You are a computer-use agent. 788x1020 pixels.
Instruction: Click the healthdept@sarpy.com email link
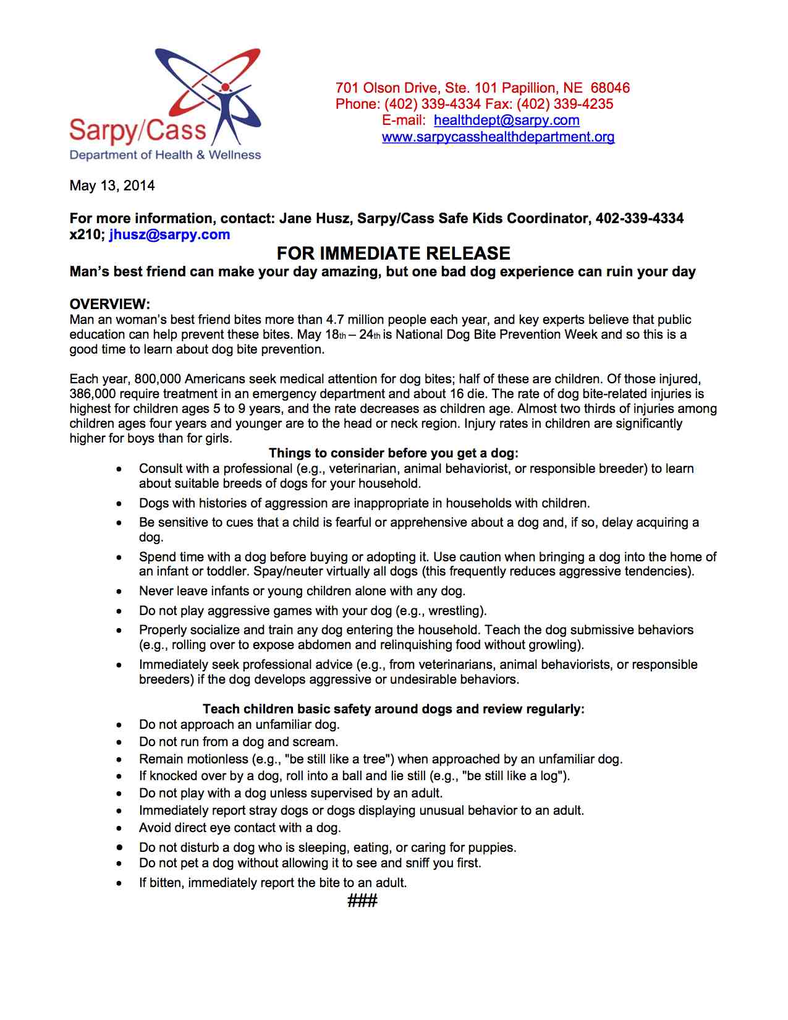tap(506, 121)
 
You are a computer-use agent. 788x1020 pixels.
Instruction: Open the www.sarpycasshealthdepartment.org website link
tap(498, 137)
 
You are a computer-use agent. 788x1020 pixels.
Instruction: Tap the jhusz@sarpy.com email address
tap(169, 235)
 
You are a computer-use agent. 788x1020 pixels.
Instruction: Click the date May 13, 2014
tap(112, 186)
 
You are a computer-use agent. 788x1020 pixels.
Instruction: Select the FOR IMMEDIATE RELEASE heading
tap(393, 253)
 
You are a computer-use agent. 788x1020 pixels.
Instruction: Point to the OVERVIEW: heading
tap(110, 304)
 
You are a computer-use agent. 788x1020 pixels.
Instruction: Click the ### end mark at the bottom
tap(362, 901)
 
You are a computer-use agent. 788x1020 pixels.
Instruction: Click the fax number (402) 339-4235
tap(565, 104)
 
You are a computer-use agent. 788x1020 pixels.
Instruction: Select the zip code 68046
tap(610, 88)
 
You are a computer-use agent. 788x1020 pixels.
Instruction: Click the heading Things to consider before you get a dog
tap(394, 453)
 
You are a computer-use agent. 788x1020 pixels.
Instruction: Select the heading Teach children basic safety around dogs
tap(393, 709)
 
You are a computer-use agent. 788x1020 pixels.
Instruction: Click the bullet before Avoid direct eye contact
tap(119, 828)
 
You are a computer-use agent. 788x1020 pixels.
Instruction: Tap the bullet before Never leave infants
tap(119, 592)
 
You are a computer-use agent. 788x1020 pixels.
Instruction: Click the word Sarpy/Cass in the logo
tap(137, 130)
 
